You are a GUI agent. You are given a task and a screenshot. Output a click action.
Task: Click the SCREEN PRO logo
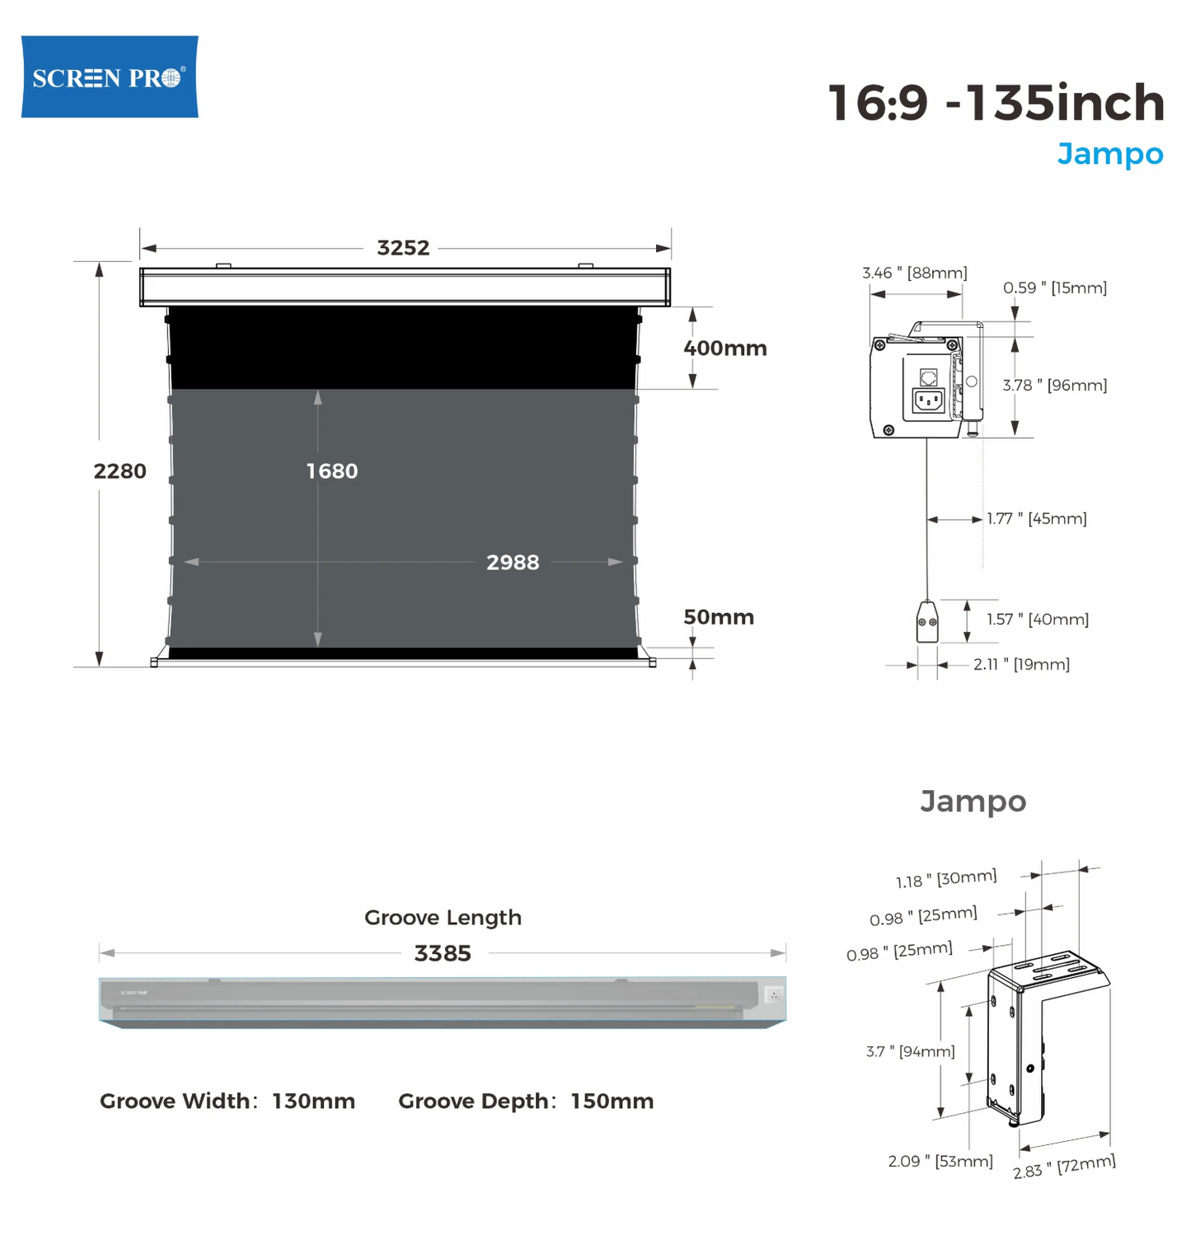coord(110,77)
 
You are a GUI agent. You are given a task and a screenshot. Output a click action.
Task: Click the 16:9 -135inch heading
coord(996,103)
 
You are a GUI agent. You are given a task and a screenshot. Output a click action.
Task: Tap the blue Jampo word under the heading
coord(1110,154)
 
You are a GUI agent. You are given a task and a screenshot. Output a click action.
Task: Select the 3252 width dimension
coord(403,248)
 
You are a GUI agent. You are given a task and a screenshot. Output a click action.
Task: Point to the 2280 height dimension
coord(120,471)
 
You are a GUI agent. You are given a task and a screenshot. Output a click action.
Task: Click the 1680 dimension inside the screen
coord(332,471)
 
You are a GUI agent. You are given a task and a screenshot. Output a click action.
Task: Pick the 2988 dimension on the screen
coord(513,563)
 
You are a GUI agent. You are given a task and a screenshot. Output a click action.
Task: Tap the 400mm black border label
coord(725,349)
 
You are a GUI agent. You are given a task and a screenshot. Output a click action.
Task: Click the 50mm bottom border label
coord(719,617)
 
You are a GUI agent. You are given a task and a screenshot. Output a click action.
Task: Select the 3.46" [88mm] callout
coord(915,273)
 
